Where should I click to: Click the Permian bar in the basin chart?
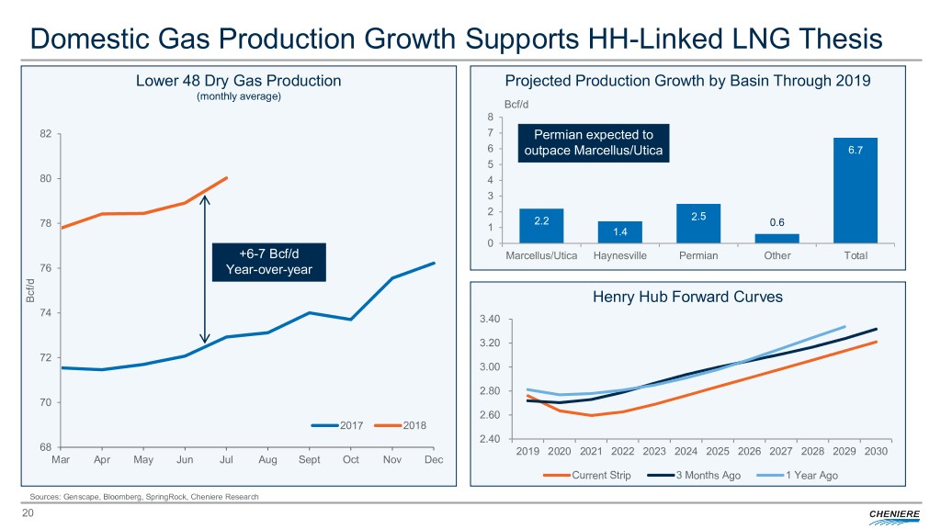click(x=698, y=223)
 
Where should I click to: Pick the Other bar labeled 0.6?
click(x=777, y=239)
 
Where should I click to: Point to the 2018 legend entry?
click(x=395, y=425)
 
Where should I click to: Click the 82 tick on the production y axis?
click(x=45, y=134)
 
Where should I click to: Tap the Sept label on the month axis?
click(x=309, y=459)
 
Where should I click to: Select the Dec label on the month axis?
click(x=434, y=459)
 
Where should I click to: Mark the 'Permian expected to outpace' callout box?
click(x=594, y=143)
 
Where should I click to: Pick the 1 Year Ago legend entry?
click(x=797, y=476)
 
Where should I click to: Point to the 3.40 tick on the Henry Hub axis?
click(x=488, y=319)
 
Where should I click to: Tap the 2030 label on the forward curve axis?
click(x=876, y=452)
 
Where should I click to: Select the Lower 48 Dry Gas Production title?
click(x=238, y=80)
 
